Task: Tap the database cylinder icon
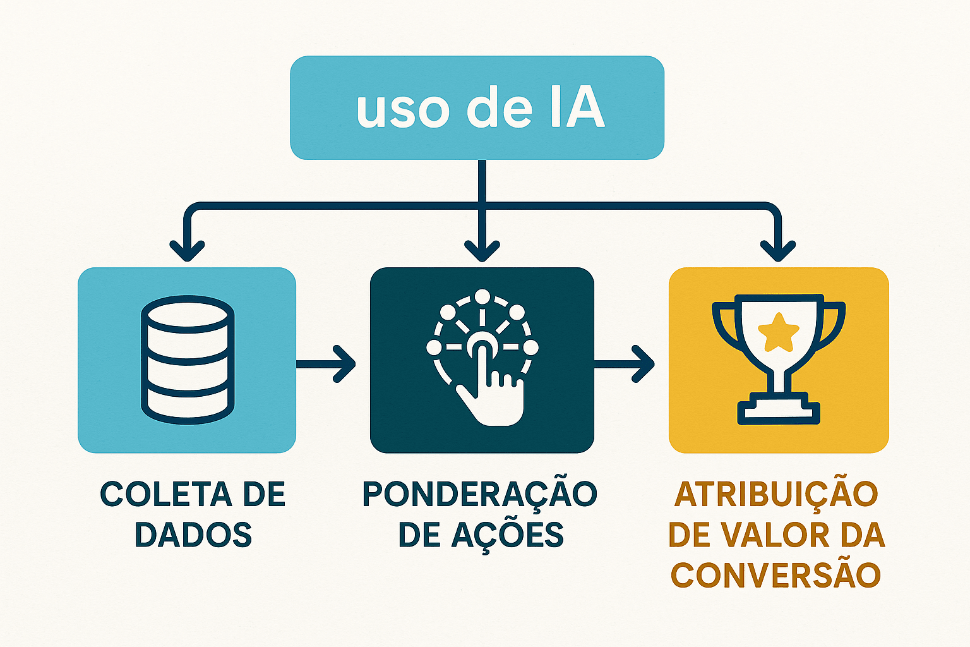[x=188, y=358]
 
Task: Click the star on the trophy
[x=778, y=332]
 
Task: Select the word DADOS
[x=193, y=535]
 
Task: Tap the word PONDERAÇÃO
[x=480, y=495]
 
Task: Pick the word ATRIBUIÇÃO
[x=776, y=495]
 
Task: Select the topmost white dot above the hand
[x=482, y=297]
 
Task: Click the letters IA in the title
[x=577, y=108]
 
